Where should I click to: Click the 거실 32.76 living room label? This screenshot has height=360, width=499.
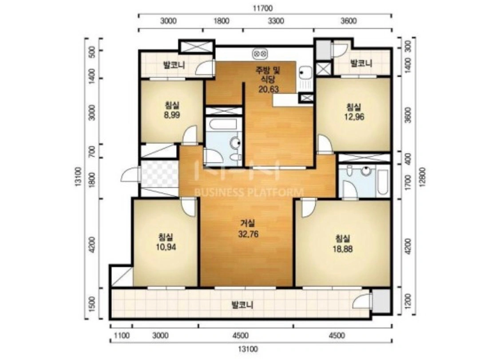point(248,229)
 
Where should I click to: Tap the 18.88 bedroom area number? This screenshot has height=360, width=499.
point(342,249)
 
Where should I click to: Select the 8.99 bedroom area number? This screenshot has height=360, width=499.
point(172,115)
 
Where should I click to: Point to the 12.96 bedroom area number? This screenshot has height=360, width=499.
point(354,117)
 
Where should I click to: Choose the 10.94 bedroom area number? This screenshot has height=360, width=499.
point(166,247)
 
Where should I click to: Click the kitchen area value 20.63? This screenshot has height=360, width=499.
point(269,89)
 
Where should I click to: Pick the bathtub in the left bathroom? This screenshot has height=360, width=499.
point(222,124)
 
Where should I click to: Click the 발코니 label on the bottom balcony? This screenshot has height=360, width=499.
point(242,305)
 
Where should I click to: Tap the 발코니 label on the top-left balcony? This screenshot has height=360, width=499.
point(174,66)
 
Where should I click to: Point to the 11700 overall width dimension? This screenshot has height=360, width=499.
point(263,8)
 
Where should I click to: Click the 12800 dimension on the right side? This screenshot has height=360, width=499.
point(423,177)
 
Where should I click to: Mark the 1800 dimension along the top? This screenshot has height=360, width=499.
point(221,21)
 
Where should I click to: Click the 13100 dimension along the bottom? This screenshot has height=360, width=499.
point(248,349)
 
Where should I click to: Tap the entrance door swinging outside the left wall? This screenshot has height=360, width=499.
point(131,174)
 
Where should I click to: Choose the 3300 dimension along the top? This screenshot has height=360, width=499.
point(276,21)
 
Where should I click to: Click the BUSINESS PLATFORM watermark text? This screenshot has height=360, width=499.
point(249,192)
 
